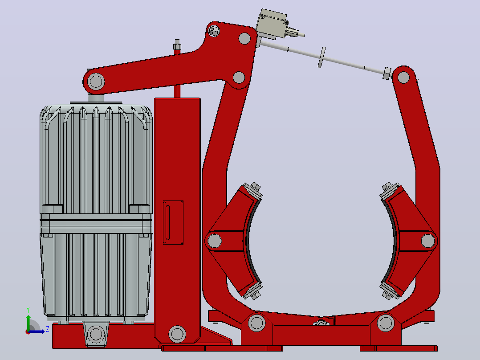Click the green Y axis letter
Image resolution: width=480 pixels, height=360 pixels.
click(x=28, y=310)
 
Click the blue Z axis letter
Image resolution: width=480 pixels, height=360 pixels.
click(x=48, y=329)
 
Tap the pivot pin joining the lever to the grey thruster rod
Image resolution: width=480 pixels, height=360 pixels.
click(x=96, y=82)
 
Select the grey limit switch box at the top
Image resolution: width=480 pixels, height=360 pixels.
click(x=272, y=24)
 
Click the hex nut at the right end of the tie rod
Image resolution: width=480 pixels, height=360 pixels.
click(x=387, y=74)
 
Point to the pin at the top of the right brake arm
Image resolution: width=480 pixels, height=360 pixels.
click(x=403, y=77)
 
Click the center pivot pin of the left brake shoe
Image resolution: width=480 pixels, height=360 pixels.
click(x=215, y=241)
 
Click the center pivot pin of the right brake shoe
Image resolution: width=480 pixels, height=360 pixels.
click(x=428, y=241)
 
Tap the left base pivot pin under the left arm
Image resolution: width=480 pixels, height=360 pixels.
click(x=256, y=323)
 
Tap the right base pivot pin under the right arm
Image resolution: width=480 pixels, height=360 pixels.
click(x=386, y=323)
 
